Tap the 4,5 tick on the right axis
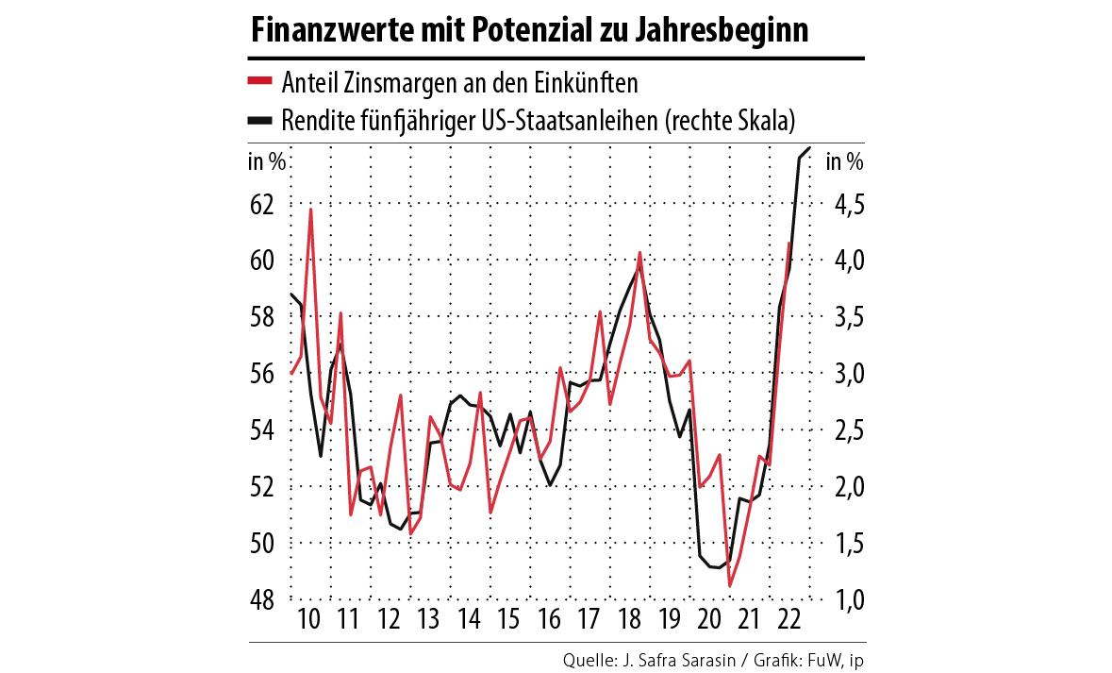click(845, 204)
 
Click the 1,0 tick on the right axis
click(845, 599)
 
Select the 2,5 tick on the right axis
click(845, 430)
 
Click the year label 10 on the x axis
click(310, 620)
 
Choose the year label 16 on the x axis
click(548, 620)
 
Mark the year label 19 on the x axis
click(668, 620)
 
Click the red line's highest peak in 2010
click(310, 210)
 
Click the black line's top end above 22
click(810, 149)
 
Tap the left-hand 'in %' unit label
click(267, 161)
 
